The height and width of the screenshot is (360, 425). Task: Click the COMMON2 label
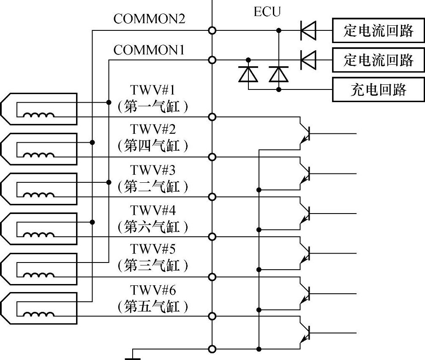[x=149, y=19]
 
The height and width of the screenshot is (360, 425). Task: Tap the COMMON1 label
[x=149, y=50]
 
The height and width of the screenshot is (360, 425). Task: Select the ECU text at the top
[x=267, y=12]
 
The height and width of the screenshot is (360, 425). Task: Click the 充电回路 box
[x=378, y=89]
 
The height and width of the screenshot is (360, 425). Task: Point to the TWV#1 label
[x=152, y=90]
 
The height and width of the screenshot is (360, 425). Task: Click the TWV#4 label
[x=152, y=210]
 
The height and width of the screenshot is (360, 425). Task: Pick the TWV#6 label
[x=152, y=290]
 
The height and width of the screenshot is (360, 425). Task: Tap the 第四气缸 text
[x=152, y=146]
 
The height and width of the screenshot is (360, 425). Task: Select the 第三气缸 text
[x=152, y=266]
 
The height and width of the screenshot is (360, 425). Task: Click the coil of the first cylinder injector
[x=39, y=115]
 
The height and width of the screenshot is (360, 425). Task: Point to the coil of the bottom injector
[x=39, y=314]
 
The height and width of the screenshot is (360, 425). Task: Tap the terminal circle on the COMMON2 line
[x=212, y=30]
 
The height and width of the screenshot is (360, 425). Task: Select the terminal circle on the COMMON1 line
[x=212, y=60]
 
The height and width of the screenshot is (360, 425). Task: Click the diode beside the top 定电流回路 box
[x=308, y=30]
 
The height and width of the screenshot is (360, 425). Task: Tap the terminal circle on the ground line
[x=212, y=349]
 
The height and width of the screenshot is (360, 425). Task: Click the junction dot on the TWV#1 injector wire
[x=109, y=102]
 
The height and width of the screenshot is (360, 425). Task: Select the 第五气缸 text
[x=152, y=306]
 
